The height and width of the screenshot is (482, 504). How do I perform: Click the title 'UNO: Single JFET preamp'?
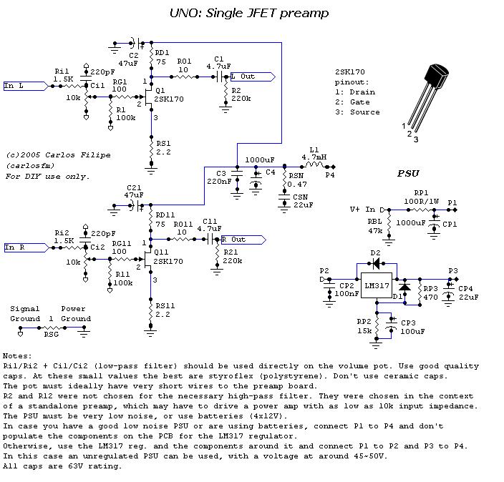click(x=249, y=12)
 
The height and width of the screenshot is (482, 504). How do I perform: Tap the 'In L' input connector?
click(x=25, y=86)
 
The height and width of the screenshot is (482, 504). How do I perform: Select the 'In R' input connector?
click(x=25, y=247)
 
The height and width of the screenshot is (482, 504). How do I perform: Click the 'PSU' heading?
click(x=409, y=173)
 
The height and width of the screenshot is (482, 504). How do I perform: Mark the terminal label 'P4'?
click(x=330, y=174)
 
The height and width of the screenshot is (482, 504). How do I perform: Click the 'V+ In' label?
click(x=363, y=210)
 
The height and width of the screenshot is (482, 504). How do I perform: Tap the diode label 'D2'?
click(x=375, y=254)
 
